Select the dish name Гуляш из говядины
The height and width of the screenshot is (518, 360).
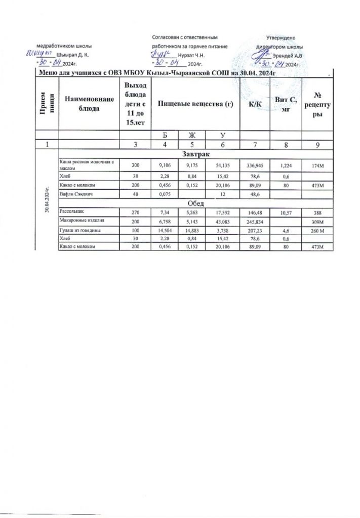[78, 229]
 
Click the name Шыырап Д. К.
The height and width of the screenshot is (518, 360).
[73, 55]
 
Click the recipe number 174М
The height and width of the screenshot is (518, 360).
[317, 164]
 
